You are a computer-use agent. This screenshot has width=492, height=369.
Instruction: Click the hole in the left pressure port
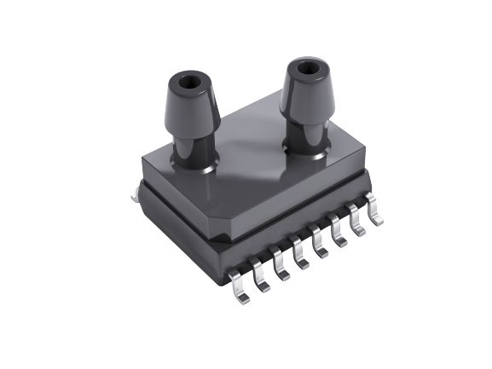[x=189, y=84]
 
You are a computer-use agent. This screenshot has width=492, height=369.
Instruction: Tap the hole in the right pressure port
[x=305, y=66]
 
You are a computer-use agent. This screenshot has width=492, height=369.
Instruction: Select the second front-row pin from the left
[x=260, y=277]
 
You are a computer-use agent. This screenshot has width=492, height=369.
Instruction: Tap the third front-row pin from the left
[x=281, y=266]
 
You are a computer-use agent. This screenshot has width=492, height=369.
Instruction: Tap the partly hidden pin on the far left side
[x=134, y=196]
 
